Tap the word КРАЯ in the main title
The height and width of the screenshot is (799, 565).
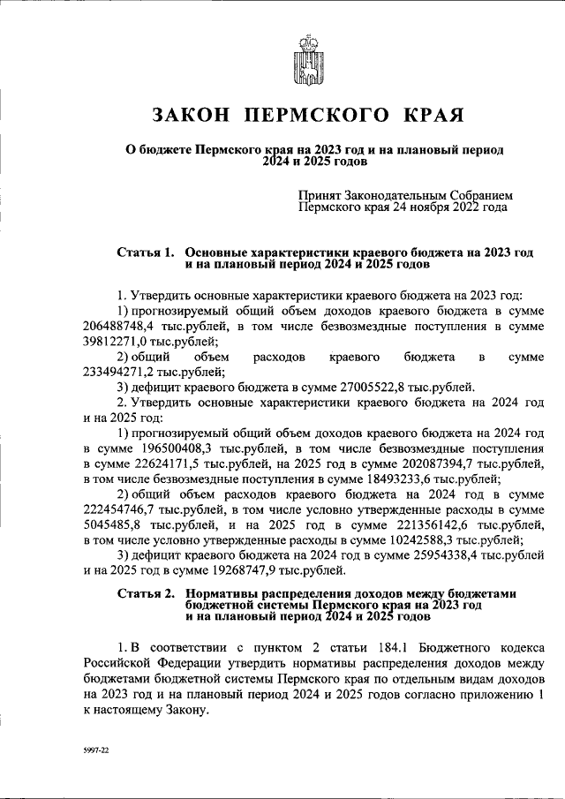[x=426, y=115]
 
